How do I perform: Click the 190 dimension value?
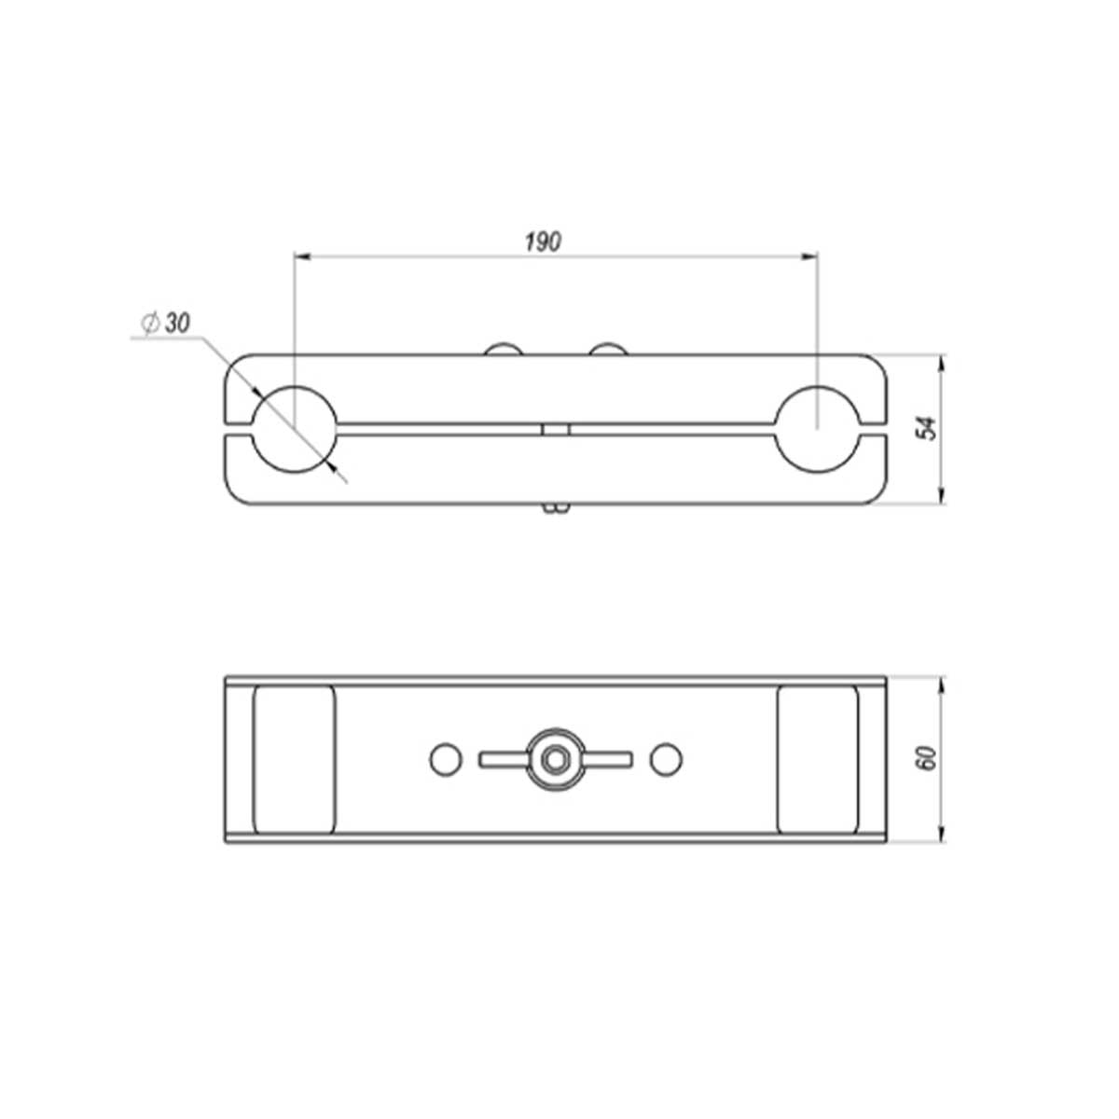543,242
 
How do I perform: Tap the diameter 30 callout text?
166,323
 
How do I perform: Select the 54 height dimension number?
929,429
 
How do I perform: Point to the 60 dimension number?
929,758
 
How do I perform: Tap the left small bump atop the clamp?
503,349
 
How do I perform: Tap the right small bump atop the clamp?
607,349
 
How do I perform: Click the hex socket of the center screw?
556,759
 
